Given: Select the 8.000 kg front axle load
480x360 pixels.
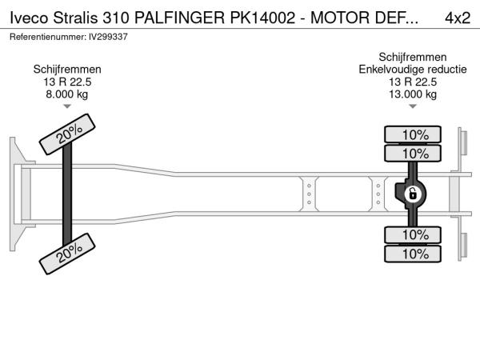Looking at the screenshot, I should (x=67, y=94).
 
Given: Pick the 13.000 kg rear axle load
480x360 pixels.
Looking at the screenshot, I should (x=413, y=94).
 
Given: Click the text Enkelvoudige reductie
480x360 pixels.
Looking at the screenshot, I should (x=413, y=70).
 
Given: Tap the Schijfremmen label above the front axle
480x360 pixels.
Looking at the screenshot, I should (x=67, y=70).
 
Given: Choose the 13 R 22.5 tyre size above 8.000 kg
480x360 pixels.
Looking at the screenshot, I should (x=67, y=82).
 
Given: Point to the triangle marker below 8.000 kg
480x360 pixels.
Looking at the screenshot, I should (x=67, y=106).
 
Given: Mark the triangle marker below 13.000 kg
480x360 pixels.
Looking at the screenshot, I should (x=413, y=106).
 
